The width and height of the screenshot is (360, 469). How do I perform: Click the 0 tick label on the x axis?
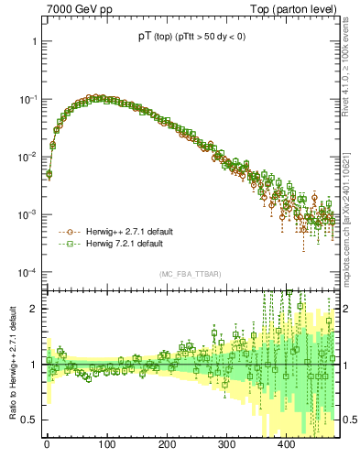tap(47, 444)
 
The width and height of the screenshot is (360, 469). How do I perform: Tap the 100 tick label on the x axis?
tap(106, 444)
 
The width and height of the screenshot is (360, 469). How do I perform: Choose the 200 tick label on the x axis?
tap(166, 444)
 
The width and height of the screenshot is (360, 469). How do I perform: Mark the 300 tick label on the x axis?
tap(225, 444)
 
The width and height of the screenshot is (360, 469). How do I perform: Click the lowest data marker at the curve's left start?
tap(49, 173)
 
